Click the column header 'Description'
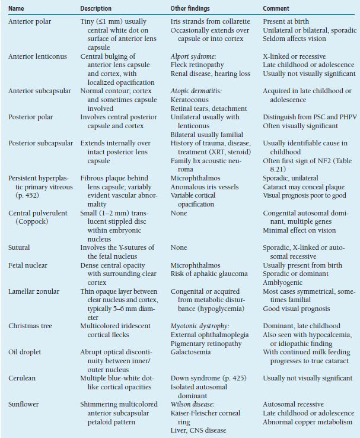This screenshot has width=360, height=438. pos(96,9)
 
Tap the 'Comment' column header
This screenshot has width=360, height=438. pos(276,9)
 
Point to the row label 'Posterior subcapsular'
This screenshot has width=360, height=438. pos(40,143)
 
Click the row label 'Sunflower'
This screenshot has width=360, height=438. pos(23,404)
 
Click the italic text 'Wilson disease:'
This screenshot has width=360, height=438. pos(190,404)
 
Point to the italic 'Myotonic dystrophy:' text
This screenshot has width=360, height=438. pos(197,326)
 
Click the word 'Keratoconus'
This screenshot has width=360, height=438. pos(189,100)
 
